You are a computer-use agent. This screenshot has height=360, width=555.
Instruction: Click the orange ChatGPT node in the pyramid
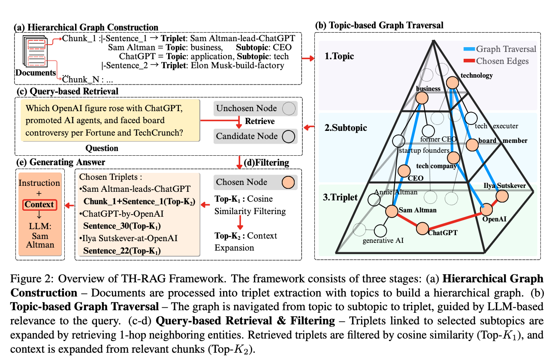pyautogui.click(x=422, y=228)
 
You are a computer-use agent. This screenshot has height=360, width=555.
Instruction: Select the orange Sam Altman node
pyautogui.click(x=392, y=212)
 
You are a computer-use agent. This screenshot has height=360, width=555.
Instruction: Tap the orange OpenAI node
pyautogui.click(x=486, y=209)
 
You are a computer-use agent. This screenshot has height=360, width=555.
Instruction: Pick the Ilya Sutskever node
pyautogui.click(x=502, y=196)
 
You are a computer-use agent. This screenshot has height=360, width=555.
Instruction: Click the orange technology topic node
pyautogui.click(x=452, y=82)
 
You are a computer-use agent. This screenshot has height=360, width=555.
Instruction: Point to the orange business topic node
pyautogui.click(x=422, y=98)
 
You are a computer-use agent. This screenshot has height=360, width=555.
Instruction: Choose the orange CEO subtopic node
pyautogui.click(x=404, y=171)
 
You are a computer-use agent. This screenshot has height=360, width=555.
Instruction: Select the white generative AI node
pyautogui.click(x=380, y=231)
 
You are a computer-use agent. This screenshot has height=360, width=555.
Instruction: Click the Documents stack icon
pyautogui.click(x=35, y=51)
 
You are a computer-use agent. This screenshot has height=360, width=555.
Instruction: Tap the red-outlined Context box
pyautogui.click(x=39, y=205)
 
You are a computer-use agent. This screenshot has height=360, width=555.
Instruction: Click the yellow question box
pyautogui.click(x=110, y=121)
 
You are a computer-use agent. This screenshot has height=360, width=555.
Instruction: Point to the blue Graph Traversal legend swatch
pyautogui.click(x=469, y=49)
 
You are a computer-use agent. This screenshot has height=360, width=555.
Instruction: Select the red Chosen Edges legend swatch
pyautogui.click(x=469, y=61)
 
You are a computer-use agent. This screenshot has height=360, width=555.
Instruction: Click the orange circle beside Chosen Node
pyautogui.click(x=288, y=182)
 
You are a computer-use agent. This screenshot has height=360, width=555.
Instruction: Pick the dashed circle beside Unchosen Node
pyautogui.click(x=289, y=109)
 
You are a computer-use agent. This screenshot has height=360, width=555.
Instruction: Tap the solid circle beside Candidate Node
pyautogui.click(x=289, y=136)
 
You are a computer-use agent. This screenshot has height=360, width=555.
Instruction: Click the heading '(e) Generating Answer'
pyautogui.click(x=61, y=162)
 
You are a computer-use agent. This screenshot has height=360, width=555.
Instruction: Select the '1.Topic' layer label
pyautogui.click(x=339, y=56)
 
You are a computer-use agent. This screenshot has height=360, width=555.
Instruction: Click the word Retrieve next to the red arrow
pyautogui.click(x=259, y=121)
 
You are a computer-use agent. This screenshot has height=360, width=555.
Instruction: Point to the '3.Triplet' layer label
pyautogui.click(x=340, y=197)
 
